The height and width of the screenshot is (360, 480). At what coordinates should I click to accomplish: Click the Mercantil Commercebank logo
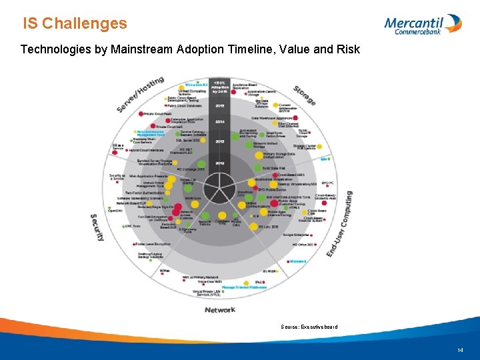(x=423, y=24)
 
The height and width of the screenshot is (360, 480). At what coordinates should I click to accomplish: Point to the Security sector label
(x=97, y=227)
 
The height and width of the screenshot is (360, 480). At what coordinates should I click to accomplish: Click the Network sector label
(x=220, y=309)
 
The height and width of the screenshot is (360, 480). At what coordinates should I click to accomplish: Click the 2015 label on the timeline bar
(x=219, y=105)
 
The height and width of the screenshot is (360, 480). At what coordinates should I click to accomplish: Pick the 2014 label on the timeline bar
(x=219, y=122)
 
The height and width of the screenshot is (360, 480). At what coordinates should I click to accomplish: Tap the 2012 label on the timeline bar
(x=219, y=163)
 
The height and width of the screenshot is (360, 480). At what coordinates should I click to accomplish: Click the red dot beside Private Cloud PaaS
(x=141, y=115)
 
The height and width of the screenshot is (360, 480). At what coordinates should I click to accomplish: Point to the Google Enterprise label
(x=296, y=235)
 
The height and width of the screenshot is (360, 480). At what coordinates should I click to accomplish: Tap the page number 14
(x=460, y=350)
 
